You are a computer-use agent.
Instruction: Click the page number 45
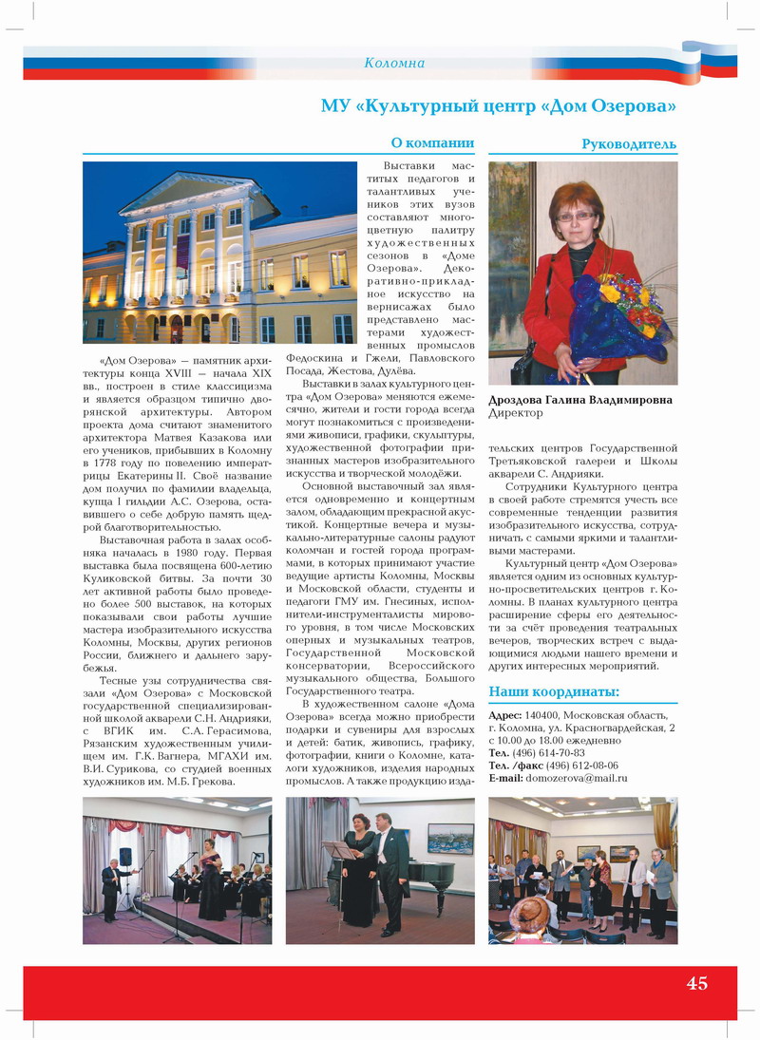pos(697,983)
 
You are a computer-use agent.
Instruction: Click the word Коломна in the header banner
pos(394,64)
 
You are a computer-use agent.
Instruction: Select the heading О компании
pos(432,143)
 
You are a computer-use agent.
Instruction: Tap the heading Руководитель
pos(629,144)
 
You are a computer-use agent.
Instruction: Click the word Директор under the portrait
pos(516,414)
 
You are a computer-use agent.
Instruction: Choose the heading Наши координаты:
pos(553,691)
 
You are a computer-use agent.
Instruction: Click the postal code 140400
pos(541,715)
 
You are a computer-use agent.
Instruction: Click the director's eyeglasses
pos(577,217)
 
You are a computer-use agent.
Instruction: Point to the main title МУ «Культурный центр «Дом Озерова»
pos(498,104)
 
